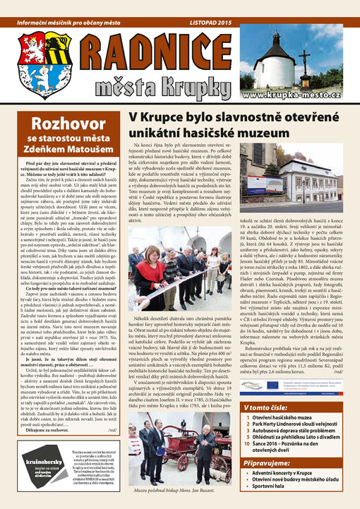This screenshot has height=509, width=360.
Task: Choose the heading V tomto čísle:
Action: click(291, 407)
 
